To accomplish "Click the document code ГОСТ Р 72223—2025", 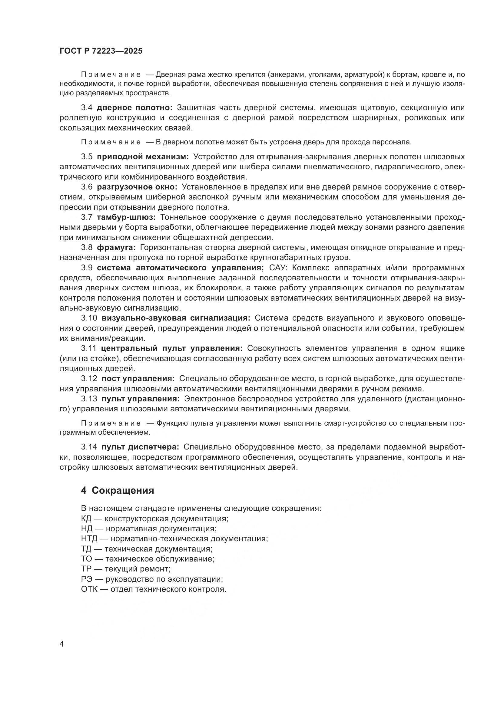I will (x=101, y=51).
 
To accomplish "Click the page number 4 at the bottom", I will (x=61, y=644).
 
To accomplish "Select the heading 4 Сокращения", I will (x=117, y=490).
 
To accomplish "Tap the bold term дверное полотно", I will (x=134, y=108).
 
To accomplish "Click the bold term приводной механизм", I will (x=143, y=157).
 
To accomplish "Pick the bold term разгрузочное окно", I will (x=137, y=187).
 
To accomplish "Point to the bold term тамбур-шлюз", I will (x=127, y=217).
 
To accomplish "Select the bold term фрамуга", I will (x=116, y=247).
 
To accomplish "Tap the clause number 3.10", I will (x=89, y=318).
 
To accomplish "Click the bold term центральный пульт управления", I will (x=171, y=348).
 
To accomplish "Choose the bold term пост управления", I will (x=138, y=378).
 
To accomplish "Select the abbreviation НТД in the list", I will (x=89, y=539).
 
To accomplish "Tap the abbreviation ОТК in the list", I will (x=89, y=589).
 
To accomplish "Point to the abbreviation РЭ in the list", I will (x=86, y=579).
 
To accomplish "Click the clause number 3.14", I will (x=89, y=446).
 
